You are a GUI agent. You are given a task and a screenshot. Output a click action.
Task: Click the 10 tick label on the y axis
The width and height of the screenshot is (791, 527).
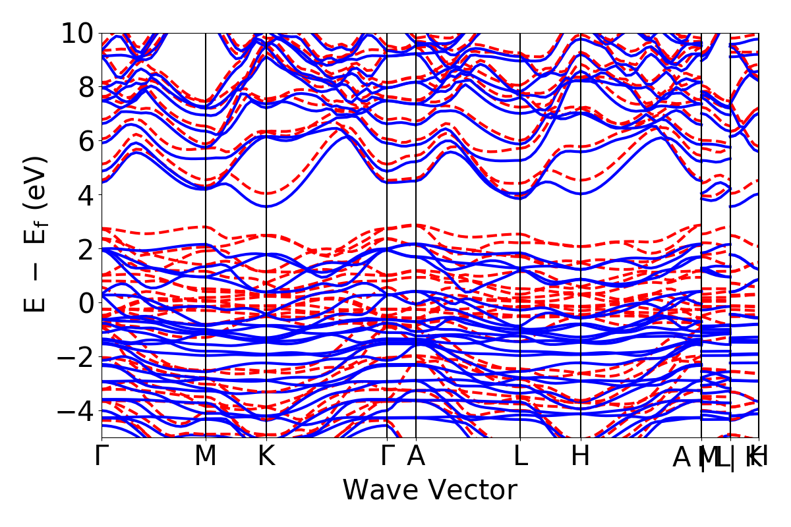pyautogui.click(x=78, y=33)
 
